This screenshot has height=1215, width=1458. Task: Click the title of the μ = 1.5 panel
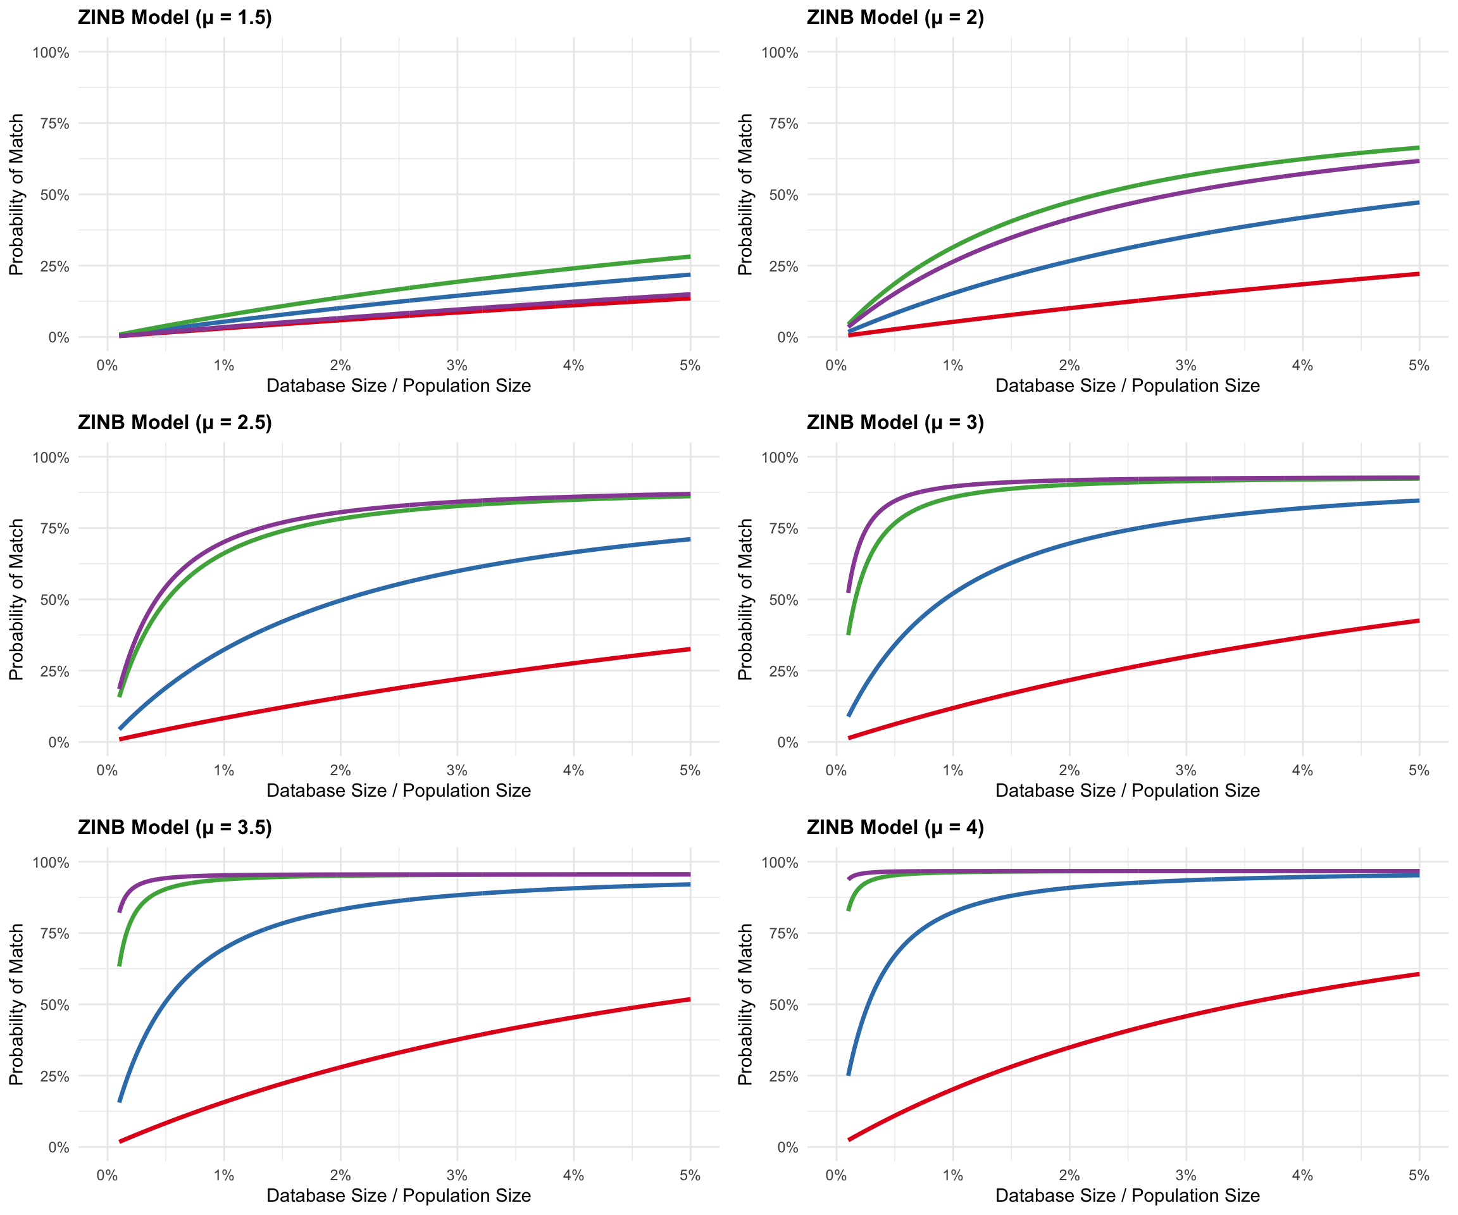(x=175, y=17)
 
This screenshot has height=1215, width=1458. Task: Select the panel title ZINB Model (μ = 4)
(x=895, y=828)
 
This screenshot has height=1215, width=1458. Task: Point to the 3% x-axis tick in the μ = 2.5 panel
(x=457, y=771)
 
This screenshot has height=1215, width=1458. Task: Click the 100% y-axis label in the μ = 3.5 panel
(x=51, y=863)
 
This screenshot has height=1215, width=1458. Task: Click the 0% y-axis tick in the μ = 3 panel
(x=787, y=742)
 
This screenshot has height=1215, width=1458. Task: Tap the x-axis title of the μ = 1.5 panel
(x=399, y=385)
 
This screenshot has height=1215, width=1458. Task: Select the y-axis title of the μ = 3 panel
(x=745, y=599)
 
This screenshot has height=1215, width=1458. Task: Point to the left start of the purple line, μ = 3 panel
(x=849, y=592)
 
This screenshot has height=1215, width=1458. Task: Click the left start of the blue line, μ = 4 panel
(x=849, y=1075)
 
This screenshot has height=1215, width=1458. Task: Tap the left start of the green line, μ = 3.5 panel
(x=120, y=965)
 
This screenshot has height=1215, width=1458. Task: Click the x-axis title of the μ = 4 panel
(x=1128, y=1195)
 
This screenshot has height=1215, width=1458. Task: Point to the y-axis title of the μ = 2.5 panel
(x=16, y=599)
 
